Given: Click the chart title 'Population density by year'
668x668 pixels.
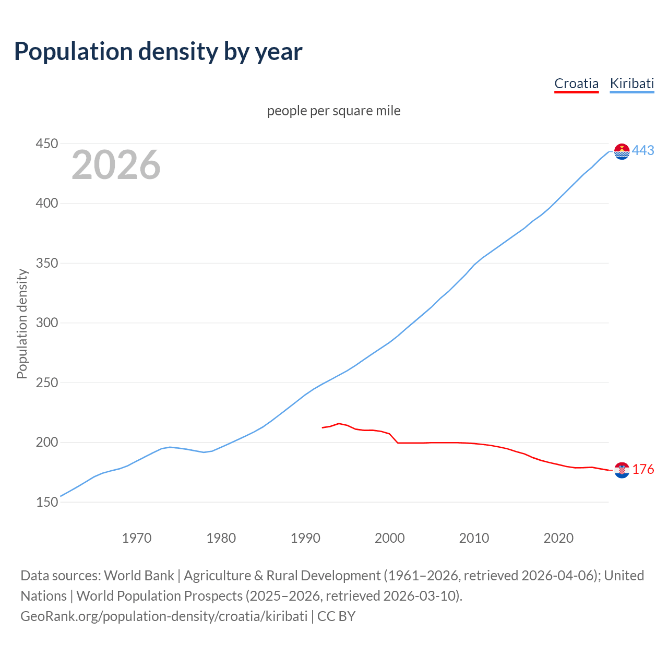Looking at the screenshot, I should [158, 51].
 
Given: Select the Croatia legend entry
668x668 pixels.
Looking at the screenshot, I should [576, 83].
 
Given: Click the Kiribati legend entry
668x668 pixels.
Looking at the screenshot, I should [631, 83].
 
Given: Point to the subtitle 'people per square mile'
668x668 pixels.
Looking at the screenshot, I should [333, 111].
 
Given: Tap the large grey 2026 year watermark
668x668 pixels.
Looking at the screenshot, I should [116, 165].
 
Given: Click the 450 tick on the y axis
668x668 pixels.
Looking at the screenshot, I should [46, 144].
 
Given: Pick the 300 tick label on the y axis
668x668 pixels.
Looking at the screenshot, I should [46, 323].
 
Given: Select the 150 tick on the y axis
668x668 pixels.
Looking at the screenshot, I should [46, 502].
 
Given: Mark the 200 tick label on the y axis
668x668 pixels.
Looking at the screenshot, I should [46, 442].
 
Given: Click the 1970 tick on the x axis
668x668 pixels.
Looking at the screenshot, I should [137, 538].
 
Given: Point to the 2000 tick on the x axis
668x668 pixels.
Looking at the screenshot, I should [390, 538].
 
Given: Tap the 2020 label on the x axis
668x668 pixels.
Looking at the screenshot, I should [558, 538].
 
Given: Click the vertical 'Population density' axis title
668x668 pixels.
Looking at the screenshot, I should [22, 324].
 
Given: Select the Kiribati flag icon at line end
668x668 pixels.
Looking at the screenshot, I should [622, 151].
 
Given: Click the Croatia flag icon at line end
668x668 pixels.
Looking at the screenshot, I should [622, 470].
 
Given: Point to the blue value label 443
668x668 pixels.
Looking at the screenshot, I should [643, 151].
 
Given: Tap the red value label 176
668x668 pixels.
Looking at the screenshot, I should [643, 470].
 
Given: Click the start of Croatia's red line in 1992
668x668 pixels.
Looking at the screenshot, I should [323, 428].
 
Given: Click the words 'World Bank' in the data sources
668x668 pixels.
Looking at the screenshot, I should [139, 576].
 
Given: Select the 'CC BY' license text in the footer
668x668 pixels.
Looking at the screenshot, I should [336, 616].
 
